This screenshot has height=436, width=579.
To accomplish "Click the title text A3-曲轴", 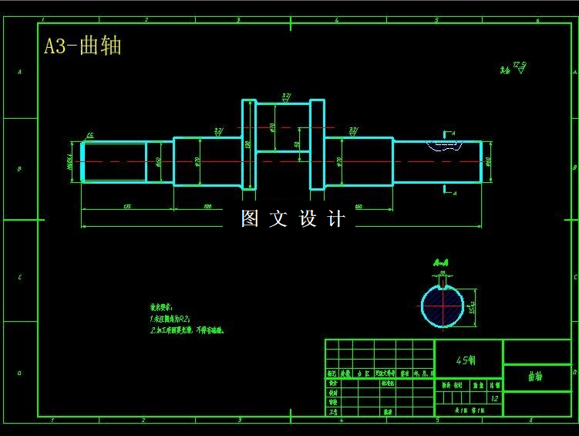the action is coord(82,46).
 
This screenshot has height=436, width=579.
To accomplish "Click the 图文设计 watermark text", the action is coord(293,219).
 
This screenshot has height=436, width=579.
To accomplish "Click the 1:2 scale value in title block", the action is coord(494,399).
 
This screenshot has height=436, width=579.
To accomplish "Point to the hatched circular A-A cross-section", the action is coord(442,306).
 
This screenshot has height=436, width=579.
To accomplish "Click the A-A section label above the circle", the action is coord(442,262).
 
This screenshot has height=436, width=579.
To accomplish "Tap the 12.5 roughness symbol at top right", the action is coord(515,68).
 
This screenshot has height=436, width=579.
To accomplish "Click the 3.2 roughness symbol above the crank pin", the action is coord(286,98).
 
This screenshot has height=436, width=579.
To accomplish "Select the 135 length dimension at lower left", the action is coord(126,206).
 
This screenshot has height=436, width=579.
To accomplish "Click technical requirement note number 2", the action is coord(186,330).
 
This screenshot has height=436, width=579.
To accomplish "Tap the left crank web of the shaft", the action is coord(248,144).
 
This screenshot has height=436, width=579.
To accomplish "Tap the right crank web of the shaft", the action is coord(317,144).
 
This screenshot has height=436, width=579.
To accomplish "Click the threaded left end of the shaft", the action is coord(114,161).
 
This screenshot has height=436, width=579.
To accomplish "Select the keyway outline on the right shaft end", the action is coord(445,144).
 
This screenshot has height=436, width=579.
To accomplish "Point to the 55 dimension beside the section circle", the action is coord(472,307).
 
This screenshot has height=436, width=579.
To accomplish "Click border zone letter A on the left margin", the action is coord(20,73).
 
